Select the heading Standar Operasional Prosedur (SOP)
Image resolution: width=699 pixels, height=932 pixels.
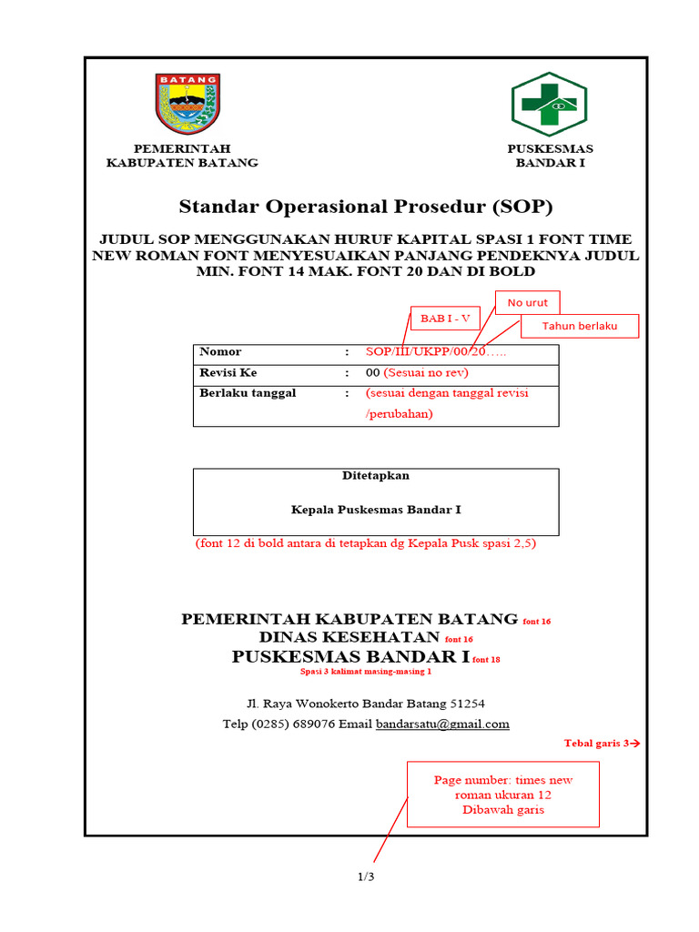366,206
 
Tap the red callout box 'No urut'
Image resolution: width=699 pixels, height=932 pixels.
528,302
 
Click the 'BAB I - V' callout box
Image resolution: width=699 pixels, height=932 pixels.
445,318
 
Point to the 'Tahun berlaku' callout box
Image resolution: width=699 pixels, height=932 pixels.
580,326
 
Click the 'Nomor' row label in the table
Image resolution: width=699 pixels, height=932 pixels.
220,351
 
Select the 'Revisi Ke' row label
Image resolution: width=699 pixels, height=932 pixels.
228,372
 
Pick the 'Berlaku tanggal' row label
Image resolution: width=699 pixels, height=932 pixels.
248,393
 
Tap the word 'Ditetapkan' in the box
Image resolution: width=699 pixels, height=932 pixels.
376,475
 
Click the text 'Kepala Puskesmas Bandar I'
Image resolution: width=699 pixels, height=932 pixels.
376,510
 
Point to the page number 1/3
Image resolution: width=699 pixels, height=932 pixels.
366,877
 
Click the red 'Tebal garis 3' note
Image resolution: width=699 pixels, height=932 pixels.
602,744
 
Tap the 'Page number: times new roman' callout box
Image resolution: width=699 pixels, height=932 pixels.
503,795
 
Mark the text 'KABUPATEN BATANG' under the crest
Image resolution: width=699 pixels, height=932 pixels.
182,163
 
